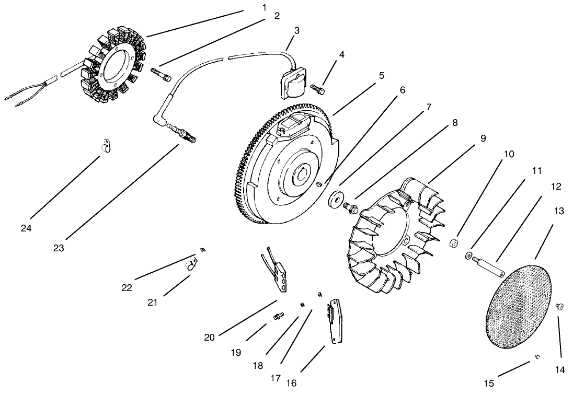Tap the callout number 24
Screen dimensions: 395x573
pos(26,228)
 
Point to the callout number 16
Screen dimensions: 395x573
pos(291,383)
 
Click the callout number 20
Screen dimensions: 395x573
pos(209,338)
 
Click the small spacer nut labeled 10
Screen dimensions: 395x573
pos(455,243)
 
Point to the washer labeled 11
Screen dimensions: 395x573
pos(468,255)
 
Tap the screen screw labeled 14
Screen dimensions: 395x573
pos(559,308)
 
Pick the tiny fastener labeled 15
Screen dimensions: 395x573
pos(537,357)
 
